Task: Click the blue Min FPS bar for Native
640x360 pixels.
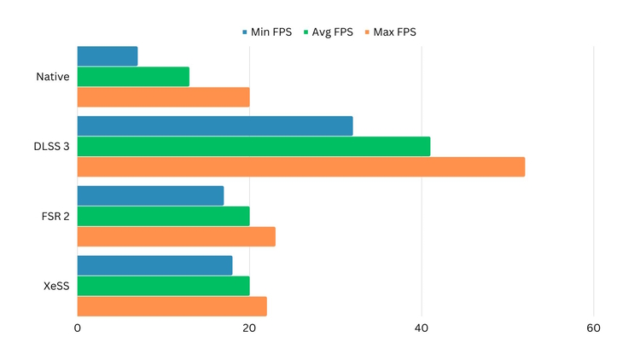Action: (x=108, y=56)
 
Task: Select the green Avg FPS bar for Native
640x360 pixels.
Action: (x=133, y=77)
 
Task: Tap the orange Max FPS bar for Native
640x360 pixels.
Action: (x=163, y=97)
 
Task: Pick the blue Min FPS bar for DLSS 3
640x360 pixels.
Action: (x=215, y=125)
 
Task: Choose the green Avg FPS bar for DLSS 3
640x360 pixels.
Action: (x=253, y=146)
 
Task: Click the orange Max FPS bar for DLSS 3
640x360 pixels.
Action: (x=301, y=166)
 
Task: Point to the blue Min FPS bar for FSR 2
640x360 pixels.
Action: (x=150, y=195)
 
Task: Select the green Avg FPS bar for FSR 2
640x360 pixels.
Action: (x=163, y=216)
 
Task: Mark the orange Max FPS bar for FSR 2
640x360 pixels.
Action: (x=177, y=236)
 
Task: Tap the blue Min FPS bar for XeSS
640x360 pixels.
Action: (x=154, y=265)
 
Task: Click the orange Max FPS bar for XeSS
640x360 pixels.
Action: (x=172, y=306)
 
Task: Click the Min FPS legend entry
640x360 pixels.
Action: (x=267, y=32)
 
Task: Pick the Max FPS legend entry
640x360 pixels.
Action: (x=393, y=32)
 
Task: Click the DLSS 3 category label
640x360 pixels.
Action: (x=50, y=147)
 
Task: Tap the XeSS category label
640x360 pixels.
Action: (x=55, y=286)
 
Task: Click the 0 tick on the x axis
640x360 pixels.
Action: (x=78, y=328)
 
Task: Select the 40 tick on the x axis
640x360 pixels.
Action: (x=422, y=328)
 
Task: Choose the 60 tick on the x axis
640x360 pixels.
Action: (x=594, y=328)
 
